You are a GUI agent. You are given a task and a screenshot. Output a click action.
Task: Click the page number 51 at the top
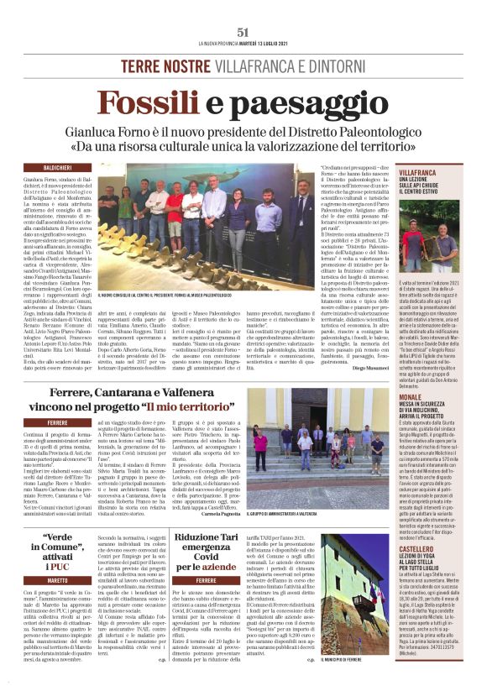243,32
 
